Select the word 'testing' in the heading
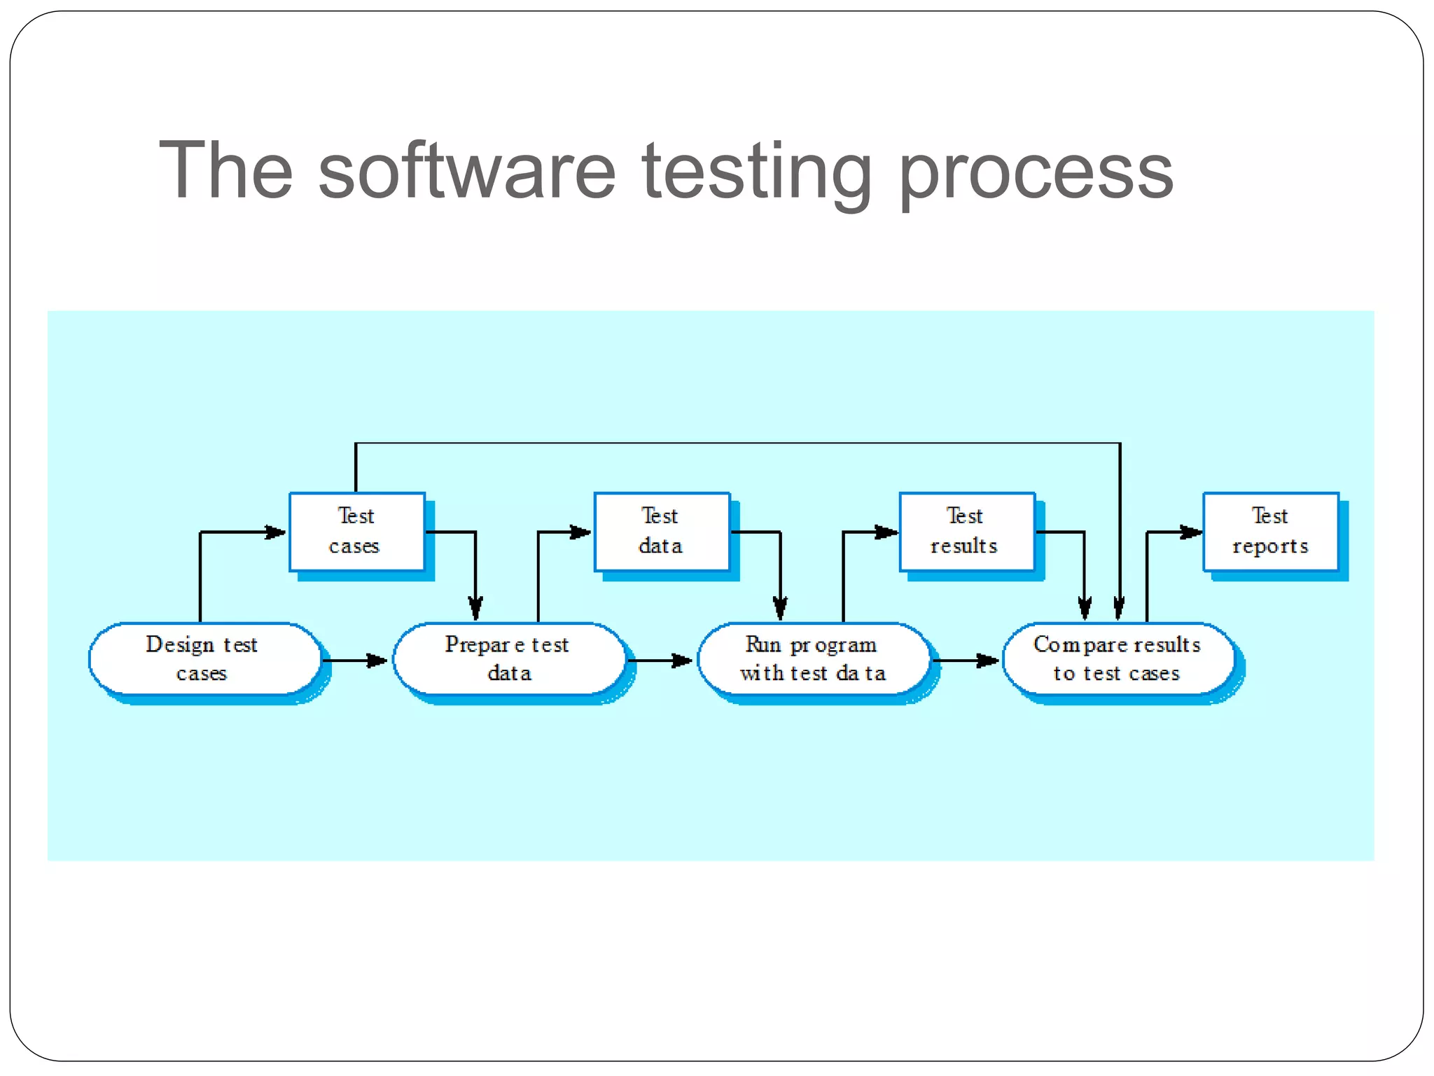click(756, 171)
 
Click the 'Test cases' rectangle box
click(356, 531)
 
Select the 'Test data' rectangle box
click(661, 531)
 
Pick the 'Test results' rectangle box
click(966, 531)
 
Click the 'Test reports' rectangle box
click(1270, 531)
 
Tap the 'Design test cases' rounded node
click(204, 658)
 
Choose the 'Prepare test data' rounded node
click(509, 658)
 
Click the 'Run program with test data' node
click(814, 658)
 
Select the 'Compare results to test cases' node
click(1118, 658)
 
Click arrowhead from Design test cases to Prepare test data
click(377, 660)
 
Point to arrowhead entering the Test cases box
click(275, 532)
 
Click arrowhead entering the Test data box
click(580, 532)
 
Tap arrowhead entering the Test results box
click(886, 532)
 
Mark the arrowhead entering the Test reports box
click(1190, 532)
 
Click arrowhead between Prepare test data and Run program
click(681, 660)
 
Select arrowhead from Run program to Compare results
click(987, 660)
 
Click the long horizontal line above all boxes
click(735, 443)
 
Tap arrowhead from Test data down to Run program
click(780, 608)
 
